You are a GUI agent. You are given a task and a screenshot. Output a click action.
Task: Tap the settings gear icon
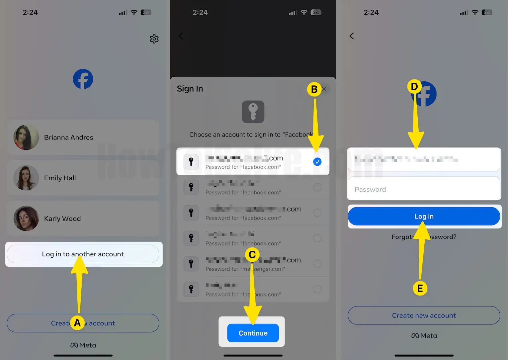(154, 39)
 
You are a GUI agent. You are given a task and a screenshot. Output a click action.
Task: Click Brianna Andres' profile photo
(26, 137)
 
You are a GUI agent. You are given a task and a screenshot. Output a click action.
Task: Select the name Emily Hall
(60, 178)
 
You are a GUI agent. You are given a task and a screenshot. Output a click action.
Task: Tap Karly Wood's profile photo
(26, 219)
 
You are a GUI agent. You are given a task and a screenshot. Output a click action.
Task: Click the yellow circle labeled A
(77, 322)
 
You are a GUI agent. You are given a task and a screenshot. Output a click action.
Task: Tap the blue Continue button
(253, 333)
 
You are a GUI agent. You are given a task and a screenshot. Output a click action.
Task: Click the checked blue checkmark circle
(317, 162)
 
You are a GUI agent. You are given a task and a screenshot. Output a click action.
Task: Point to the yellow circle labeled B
(314, 89)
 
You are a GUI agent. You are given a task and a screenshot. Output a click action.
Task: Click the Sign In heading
(190, 89)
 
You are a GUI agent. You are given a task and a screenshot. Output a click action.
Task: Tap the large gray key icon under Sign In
(253, 112)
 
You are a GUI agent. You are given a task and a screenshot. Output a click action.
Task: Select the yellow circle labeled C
(252, 255)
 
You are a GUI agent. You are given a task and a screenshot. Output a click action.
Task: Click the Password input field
(424, 189)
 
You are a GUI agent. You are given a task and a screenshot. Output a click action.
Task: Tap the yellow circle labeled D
(414, 87)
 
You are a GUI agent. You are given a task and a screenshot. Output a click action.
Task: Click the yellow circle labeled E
(420, 288)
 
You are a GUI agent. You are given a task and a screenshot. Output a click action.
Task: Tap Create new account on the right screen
(424, 315)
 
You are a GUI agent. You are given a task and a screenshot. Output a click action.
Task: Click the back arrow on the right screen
(352, 36)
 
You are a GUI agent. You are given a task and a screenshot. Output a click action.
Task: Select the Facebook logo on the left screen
(83, 79)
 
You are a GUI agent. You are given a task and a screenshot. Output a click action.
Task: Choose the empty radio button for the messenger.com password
(317, 264)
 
